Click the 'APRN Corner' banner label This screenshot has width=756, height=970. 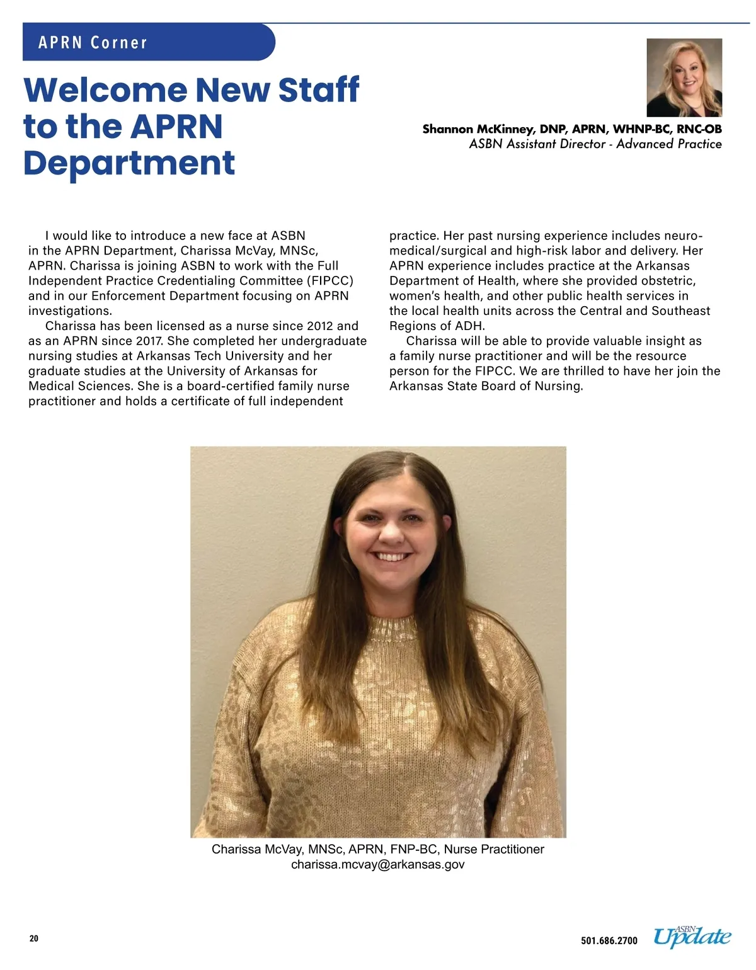point(93,43)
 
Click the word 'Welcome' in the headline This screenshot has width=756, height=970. point(105,90)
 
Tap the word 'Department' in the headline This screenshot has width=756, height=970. point(129,163)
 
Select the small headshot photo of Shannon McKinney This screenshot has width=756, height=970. point(684,77)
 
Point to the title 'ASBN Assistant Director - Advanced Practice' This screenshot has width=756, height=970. point(595,144)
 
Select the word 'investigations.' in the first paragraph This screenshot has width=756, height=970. point(70,311)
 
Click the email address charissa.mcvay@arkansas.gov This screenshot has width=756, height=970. point(378,865)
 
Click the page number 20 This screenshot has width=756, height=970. point(34,939)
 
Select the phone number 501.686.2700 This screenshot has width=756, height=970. point(609,941)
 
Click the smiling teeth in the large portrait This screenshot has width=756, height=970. point(391,557)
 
